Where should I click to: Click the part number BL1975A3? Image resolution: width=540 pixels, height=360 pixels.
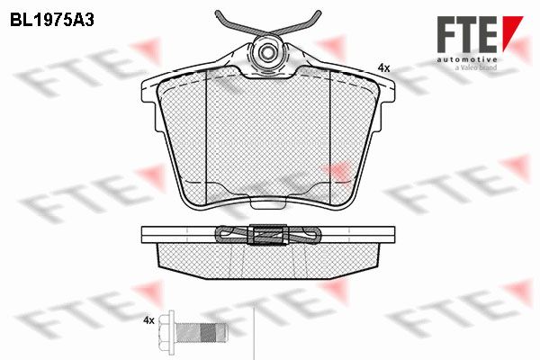52,21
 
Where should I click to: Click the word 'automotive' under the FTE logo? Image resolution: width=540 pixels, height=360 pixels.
467,59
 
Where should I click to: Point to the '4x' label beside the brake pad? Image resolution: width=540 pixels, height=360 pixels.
383,68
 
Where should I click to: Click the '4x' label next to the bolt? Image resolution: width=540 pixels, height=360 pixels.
148,320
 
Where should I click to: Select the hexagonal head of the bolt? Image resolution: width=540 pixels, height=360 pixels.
167,330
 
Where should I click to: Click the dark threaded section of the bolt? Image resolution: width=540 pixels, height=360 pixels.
208,332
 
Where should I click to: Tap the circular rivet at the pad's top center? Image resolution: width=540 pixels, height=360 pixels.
267,52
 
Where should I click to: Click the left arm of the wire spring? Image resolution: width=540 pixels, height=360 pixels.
238,25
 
